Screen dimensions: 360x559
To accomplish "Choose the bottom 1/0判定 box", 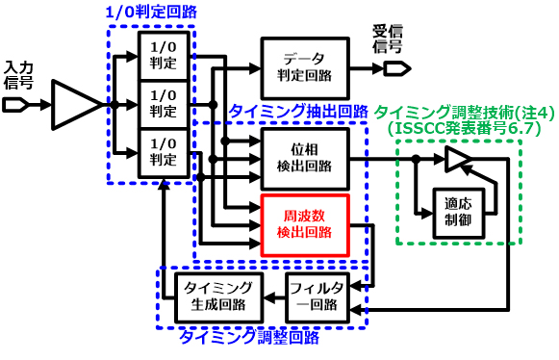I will coord(164,151).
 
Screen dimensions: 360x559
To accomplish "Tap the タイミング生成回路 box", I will coord(218,295).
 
